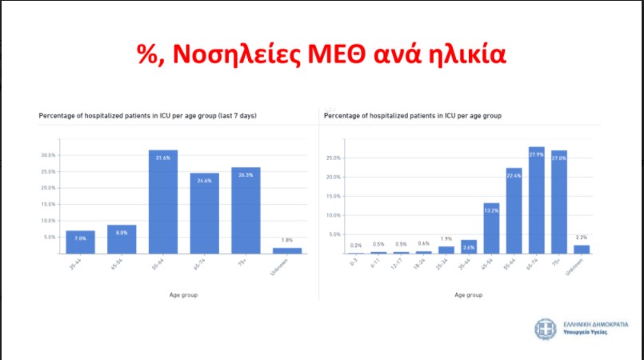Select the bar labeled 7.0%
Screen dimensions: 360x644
(x=80, y=242)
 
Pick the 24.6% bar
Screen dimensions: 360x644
(x=204, y=213)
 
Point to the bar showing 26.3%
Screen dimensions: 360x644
(x=246, y=210)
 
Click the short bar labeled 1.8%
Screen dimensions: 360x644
(x=286, y=250)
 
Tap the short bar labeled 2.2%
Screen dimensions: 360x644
(x=582, y=249)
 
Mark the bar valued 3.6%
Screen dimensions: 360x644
(x=469, y=246)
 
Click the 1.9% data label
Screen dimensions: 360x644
(x=446, y=239)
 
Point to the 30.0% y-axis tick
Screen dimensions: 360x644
(x=48, y=155)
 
